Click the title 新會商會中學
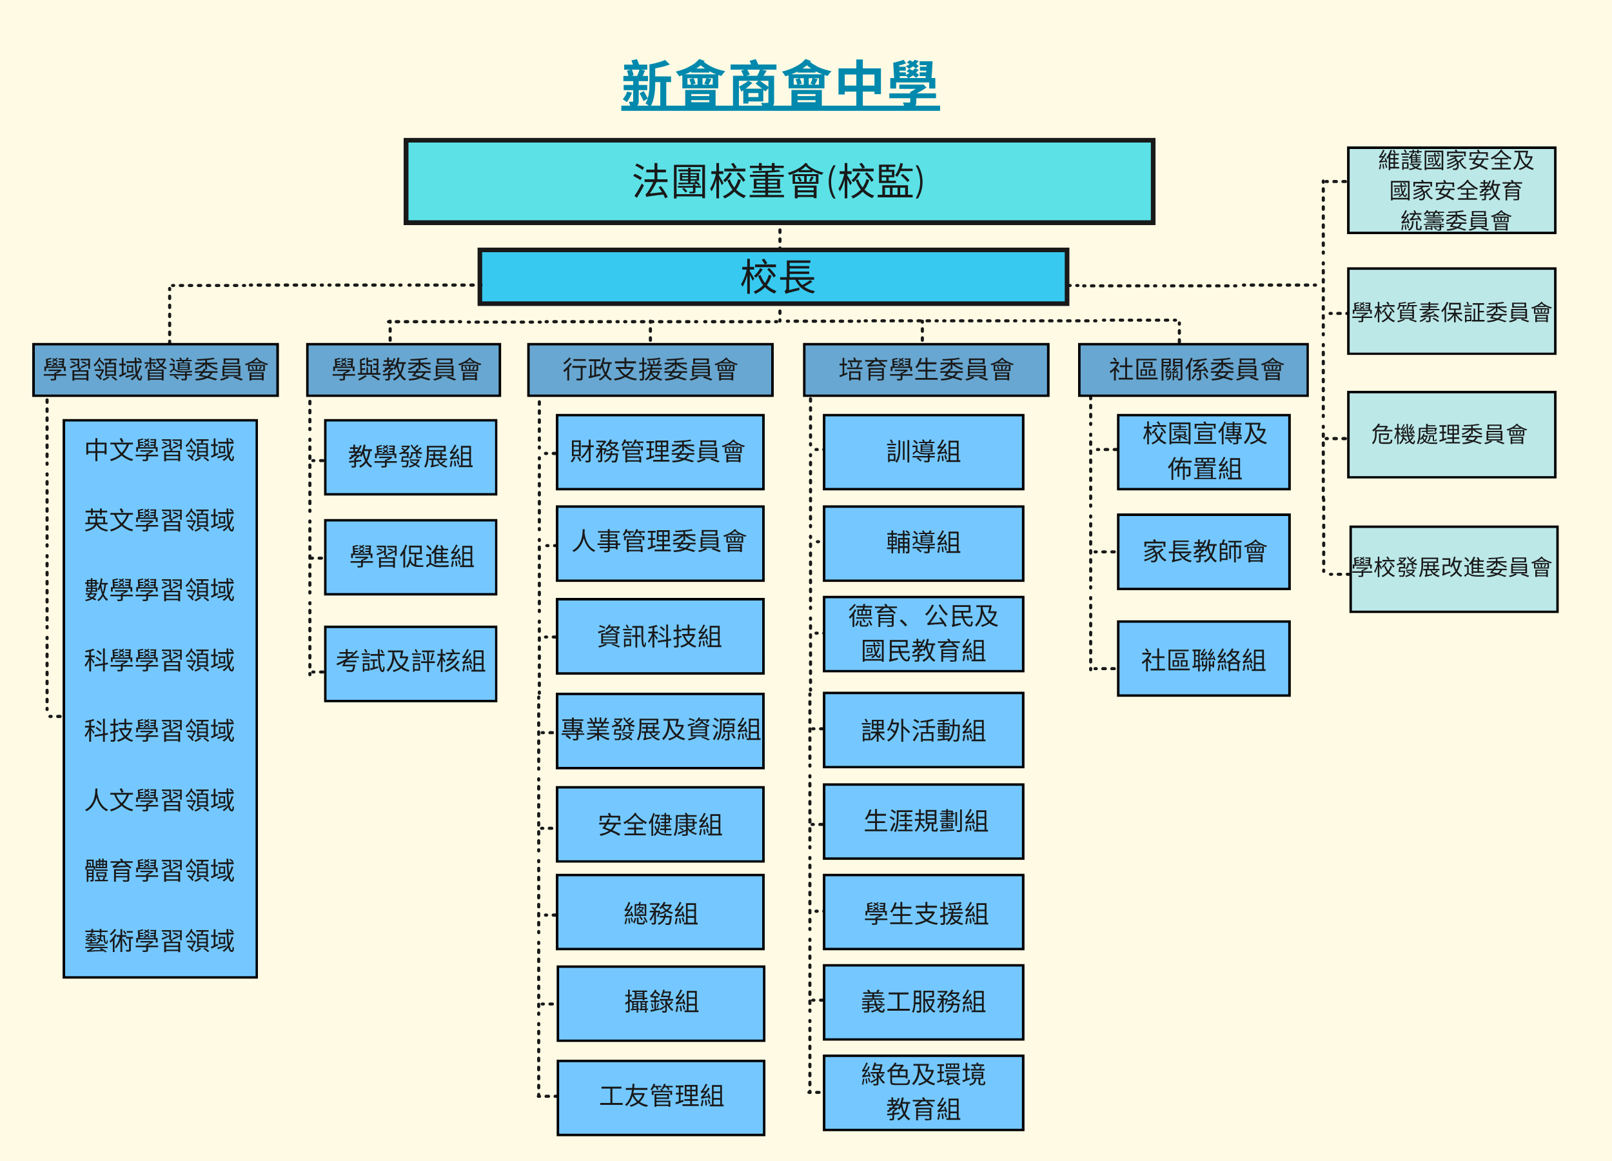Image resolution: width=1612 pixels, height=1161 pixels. coord(780,84)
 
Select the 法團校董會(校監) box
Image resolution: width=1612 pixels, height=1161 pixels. coord(779,181)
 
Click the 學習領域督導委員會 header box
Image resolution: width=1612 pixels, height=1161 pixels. coord(155,370)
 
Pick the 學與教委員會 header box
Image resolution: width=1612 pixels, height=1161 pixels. coord(404,370)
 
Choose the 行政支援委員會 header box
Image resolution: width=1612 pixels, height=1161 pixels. coord(649,370)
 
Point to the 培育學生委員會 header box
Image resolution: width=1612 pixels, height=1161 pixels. coord(925,370)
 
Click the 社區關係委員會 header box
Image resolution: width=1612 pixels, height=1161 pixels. coord(1193,370)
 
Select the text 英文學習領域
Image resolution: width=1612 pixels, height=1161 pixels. coord(159,521)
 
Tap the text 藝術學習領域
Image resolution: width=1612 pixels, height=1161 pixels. coord(159,940)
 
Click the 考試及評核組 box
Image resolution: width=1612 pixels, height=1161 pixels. coord(411,662)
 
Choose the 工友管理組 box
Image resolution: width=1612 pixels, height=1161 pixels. coord(661,1097)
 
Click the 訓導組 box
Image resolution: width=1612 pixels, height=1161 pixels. coord(923,452)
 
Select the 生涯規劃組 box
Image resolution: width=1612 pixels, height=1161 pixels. coord(923,821)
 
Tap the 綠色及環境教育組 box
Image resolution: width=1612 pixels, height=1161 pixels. coord(923,1092)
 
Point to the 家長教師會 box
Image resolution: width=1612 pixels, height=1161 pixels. coord(1203,551)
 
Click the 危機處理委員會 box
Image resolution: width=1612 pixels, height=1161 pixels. coord(1451,434)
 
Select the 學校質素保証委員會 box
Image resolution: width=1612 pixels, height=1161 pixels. coord(1451,312)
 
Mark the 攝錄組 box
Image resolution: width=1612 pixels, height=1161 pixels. coord(661,1002)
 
